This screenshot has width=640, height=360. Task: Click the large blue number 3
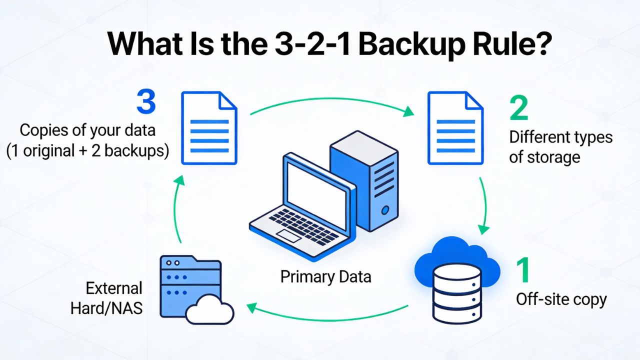coord(146,101)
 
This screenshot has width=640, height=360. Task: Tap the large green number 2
coord(519,108)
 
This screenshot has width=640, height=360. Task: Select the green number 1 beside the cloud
coord(523,269)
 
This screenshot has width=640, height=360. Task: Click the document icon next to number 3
coord(209,127)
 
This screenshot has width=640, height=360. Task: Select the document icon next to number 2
coord(455,127)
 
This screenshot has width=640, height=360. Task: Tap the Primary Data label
coord(325,276)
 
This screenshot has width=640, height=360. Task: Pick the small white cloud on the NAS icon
coord(209,309)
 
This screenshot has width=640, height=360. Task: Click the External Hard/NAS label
coord(107,298)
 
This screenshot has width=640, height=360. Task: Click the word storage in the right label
coord(544,157)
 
